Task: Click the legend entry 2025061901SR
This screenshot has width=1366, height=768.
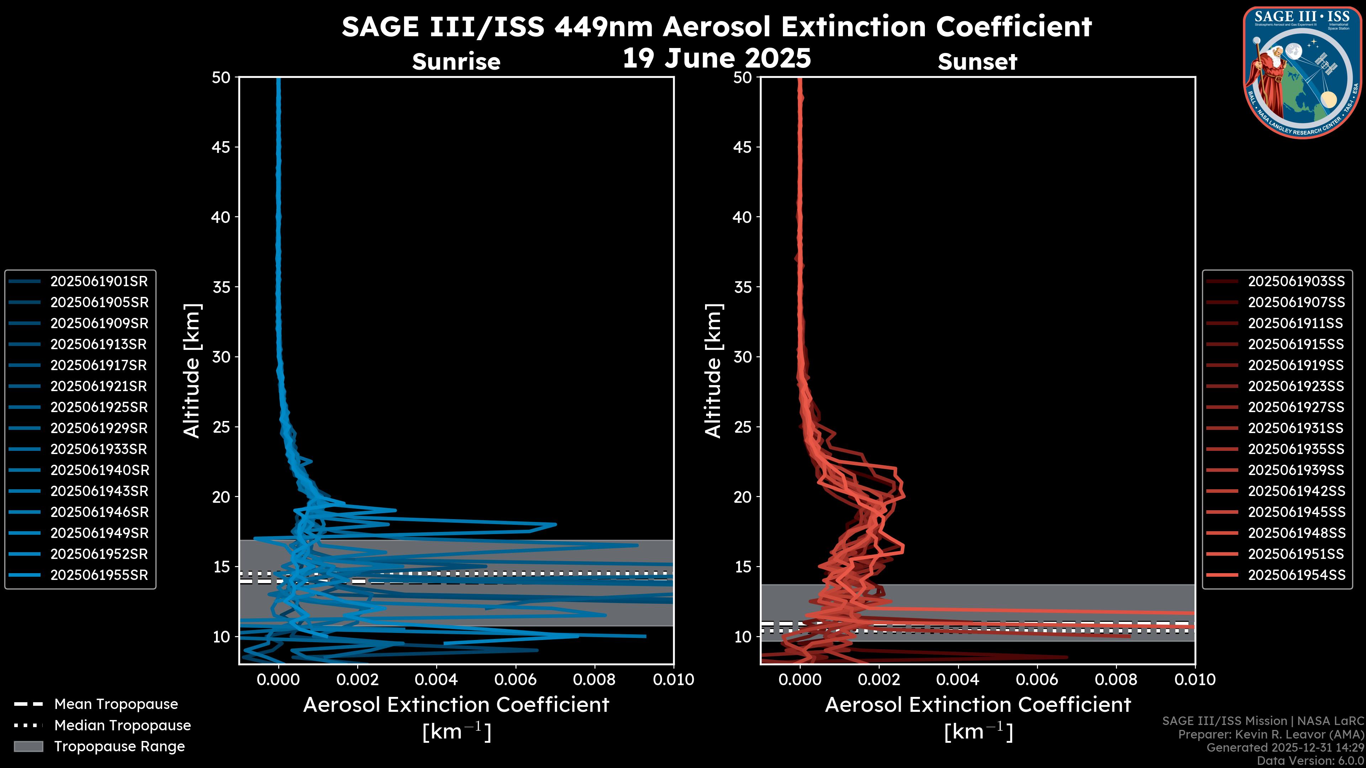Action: coord(99,282)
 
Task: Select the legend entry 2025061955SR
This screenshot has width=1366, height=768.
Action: coord(99,575)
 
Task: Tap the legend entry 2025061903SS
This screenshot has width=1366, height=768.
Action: coord(1296,282)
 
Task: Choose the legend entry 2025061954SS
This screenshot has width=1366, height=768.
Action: coord(1296,575)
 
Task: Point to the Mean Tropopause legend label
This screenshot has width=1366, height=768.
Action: coord(116,704)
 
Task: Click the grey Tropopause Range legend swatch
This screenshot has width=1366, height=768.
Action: coord(28,746)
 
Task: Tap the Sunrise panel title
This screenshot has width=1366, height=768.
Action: coord(456,62)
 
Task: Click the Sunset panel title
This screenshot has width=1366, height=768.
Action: coord(977,62)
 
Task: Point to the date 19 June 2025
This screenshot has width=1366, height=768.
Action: coord(716,58)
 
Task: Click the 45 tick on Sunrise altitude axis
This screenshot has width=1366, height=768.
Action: coord(221,147)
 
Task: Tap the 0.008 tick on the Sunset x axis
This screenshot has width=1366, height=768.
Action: coord(1116,679)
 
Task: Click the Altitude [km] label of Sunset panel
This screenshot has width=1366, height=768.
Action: coord(714,370)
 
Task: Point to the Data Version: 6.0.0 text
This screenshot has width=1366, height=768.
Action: coord(1311,761)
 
